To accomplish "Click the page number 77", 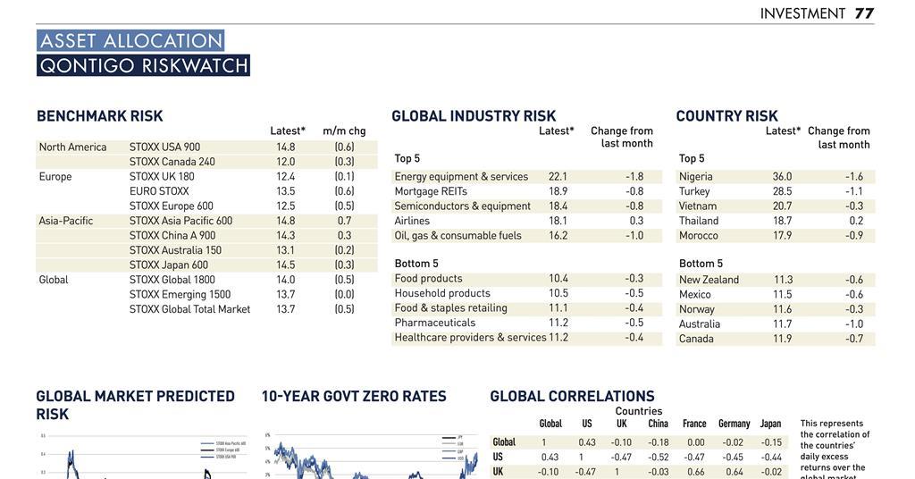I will [x=863, y=13].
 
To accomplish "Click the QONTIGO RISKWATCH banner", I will [x=143, y=65].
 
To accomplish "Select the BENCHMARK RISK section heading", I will [x=99, y=116].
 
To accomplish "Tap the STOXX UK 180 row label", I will [x=162, y=176].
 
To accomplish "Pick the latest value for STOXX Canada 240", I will [x=285, y=162].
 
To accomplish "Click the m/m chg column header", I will [x=344, y=130].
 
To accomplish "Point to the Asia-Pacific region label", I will [x=65, y=221].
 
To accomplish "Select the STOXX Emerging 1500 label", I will [x=180, y=294].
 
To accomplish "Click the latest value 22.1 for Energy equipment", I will [x=558, y=177].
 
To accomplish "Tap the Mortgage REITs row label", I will [x=431, y=191].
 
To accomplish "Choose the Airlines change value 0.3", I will [x=635, y=221].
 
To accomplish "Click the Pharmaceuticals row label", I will [x=434, y=323].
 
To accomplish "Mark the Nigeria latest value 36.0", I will [x=782, y=177].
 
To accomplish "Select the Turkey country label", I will [x=694, y=191].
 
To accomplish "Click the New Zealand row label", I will [x=709, y=280].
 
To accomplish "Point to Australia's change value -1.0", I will [x=854, y=324].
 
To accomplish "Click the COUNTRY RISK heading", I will [x=726, y=116].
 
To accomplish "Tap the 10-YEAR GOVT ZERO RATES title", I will [x=353, y=396].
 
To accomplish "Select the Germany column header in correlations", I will [x=734, y=424].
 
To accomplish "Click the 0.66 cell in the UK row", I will [x=695, y=472].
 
